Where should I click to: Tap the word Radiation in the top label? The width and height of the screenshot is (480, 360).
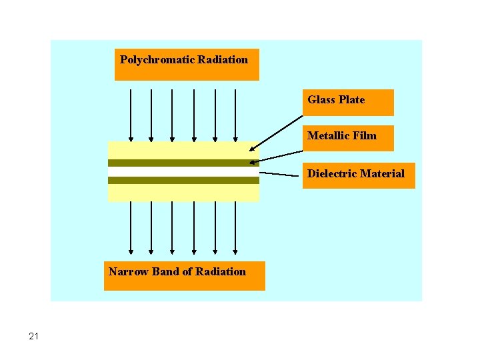tap(223, 60)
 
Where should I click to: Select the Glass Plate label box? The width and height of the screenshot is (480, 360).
tap(348, 102)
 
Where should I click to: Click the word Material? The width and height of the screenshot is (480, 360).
tap(382, 174)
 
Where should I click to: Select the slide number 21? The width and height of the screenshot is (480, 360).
tap(34, 337)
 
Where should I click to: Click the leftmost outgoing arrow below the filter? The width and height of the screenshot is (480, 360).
tap(131, 227)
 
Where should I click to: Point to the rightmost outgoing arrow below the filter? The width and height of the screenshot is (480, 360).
tap(236, 227)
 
